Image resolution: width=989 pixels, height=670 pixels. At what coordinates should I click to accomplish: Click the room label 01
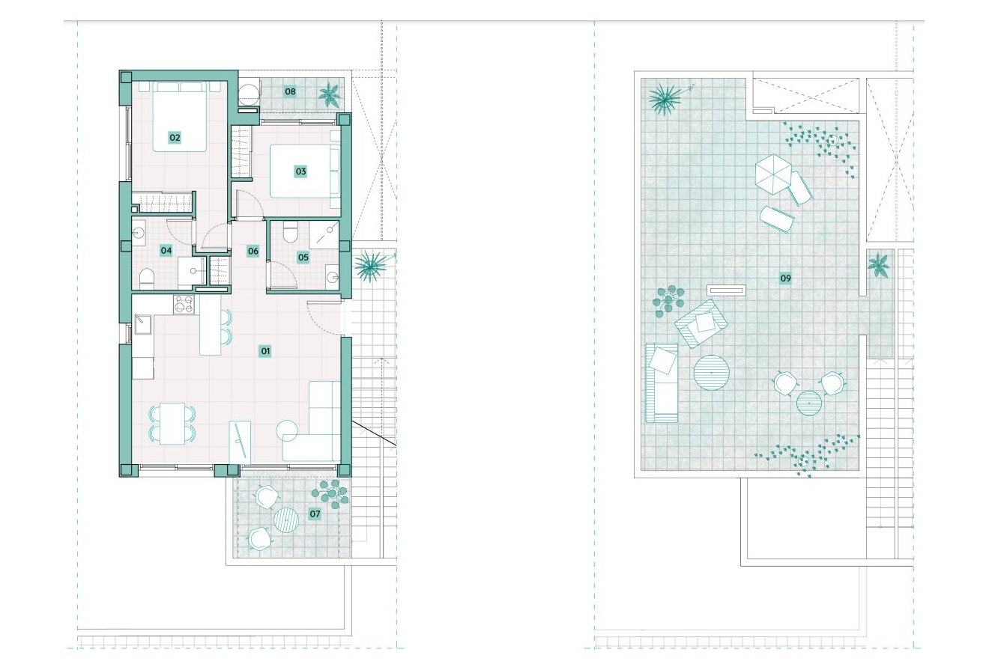pyautogui.click(x=265, y=350)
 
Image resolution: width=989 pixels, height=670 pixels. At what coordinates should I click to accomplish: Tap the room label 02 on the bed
pyautogui.click(x=175, y=138)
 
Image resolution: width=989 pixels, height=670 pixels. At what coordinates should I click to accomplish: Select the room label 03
pyautogui.click(x=300, y=171)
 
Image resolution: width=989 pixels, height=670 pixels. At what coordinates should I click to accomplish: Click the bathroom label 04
pyautogui.click(x=166, y=251)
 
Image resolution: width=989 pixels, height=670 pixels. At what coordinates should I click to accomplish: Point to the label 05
pyautogui.click(x=303, y=258)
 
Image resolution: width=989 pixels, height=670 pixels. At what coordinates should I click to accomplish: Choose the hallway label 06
pyautogui.click(x=253, y=252)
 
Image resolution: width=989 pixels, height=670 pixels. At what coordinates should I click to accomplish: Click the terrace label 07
pyautogui.click(x=315, y=514)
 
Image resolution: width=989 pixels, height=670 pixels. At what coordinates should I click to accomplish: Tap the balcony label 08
pyautogui.click(x=290, y=92)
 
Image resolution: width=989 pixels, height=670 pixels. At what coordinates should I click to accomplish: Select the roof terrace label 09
pyautogui.click(x=785, y=278)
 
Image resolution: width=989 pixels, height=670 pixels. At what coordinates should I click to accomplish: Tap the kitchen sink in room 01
pyautogui.click(x=142, y=326)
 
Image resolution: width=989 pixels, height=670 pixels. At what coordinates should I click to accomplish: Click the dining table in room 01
pyautogui.click(x=174, y=423)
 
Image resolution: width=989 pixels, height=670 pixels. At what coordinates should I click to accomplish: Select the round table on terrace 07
pyautogui.click(x=286, y=520)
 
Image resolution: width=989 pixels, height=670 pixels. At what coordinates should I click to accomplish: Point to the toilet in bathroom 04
pyautogui.click(x=145, y=279)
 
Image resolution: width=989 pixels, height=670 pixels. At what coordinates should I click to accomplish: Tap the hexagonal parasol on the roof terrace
pyautogui.click(x=772, y=173)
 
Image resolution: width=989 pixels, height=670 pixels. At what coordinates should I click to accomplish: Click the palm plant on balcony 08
pyautogui.click(x=328, y=95)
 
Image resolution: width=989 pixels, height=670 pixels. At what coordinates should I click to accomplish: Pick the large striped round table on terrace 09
pyautogui.click(x=711, y=372)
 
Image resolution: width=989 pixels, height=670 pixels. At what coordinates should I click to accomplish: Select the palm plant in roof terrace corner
pyautogui.click(x=665, y=98)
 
